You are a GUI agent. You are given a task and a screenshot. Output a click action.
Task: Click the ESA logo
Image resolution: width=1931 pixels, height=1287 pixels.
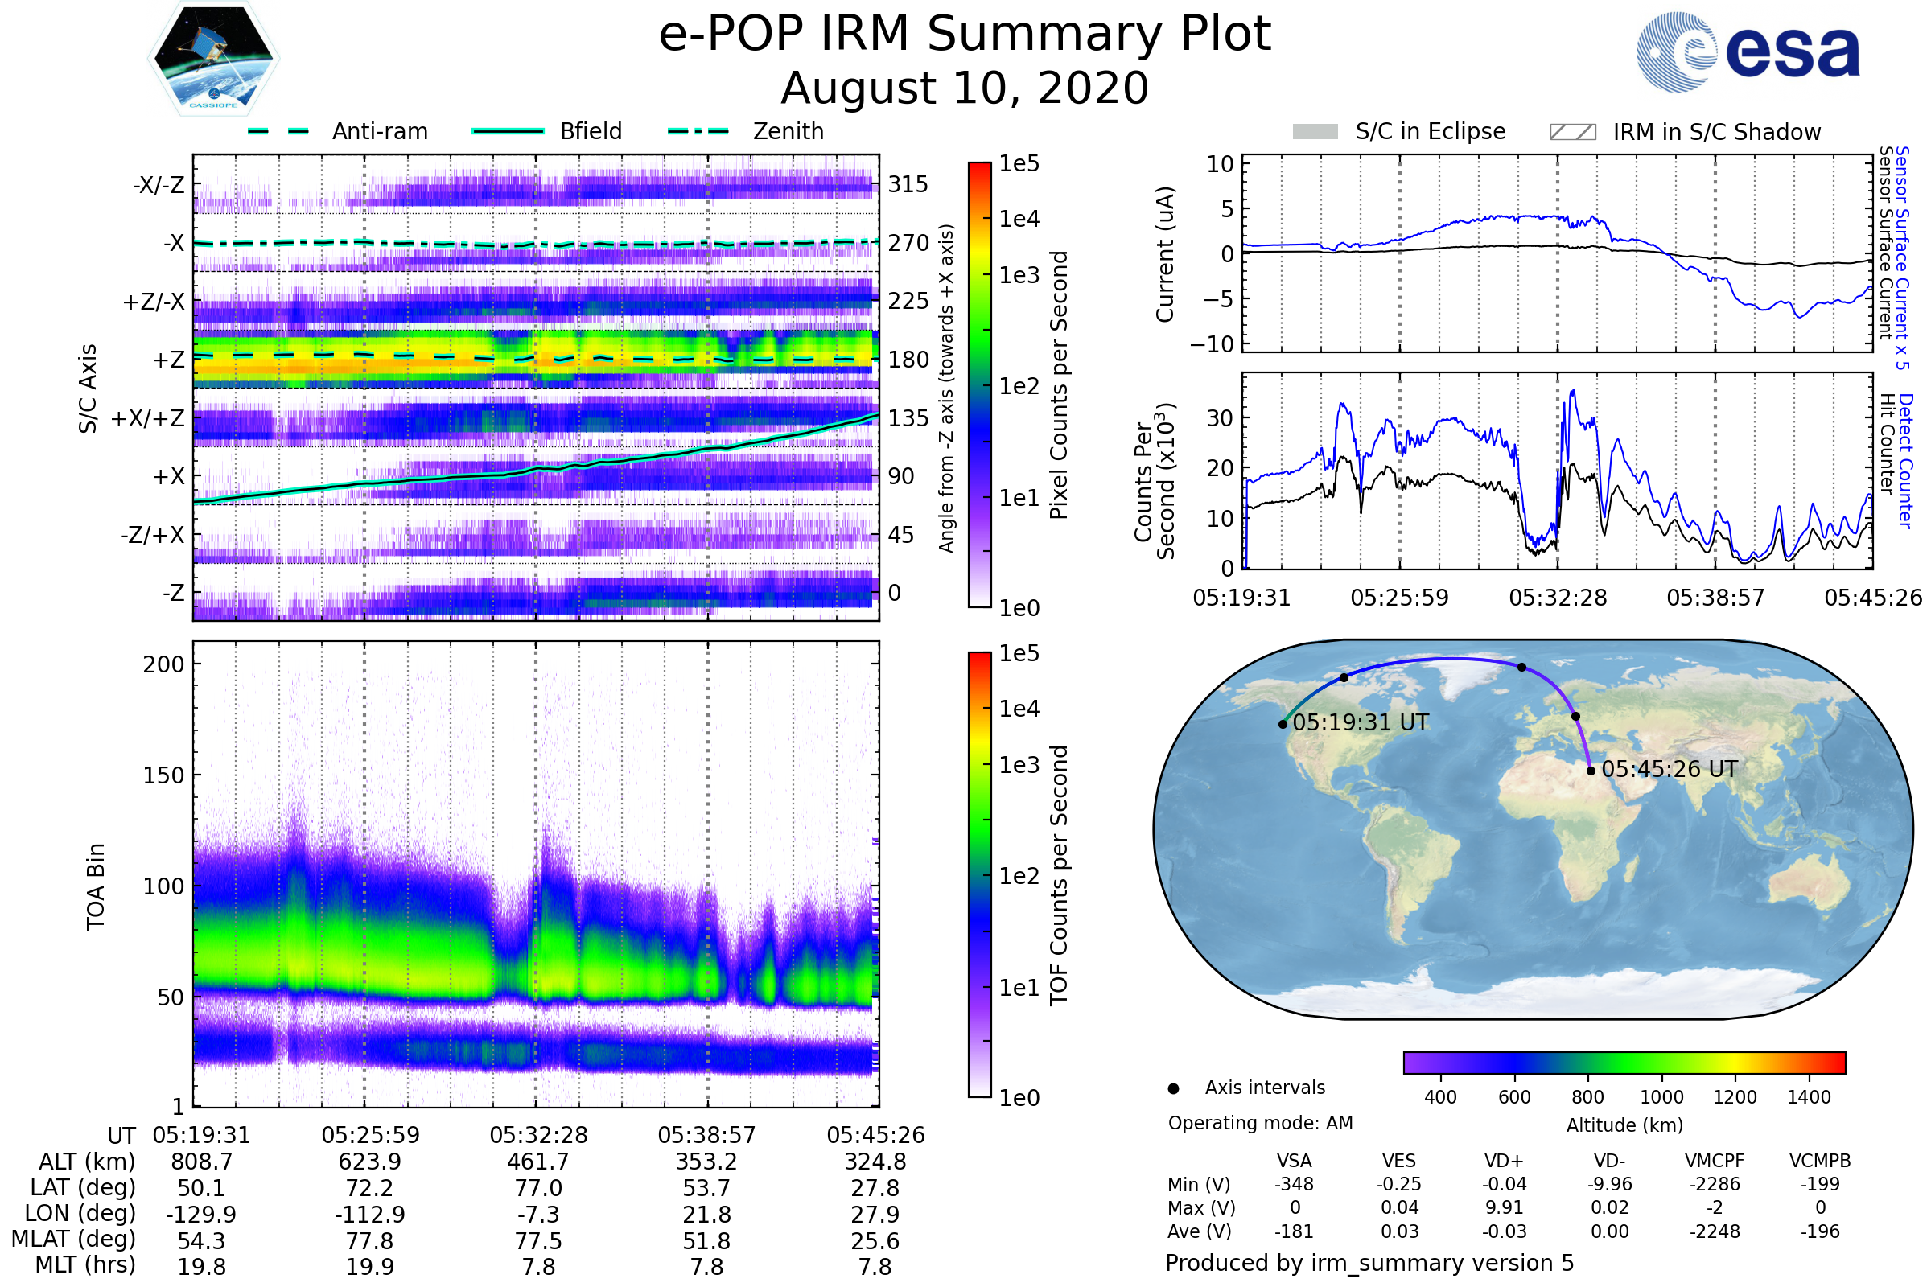(1748, 51)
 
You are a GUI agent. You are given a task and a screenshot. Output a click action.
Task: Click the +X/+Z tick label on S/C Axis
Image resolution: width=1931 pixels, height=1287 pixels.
(148, 418)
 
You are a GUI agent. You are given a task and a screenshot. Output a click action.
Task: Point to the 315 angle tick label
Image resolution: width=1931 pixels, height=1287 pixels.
(908, 184)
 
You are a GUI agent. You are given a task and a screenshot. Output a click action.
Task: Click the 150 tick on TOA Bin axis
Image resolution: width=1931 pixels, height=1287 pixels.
(163, 775)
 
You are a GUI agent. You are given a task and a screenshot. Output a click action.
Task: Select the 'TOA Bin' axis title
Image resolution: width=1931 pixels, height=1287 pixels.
(96, 886)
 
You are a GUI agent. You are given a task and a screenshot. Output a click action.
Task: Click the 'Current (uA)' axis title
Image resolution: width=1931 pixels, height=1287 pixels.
(1165, 254)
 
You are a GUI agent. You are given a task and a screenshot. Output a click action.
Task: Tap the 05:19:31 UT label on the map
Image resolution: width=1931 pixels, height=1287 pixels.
(1361, 723)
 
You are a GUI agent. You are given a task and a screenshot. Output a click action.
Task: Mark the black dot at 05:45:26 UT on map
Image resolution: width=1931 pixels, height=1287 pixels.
(1591, 771)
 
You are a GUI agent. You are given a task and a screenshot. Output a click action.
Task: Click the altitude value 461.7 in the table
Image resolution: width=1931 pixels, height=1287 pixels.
(538, 1162)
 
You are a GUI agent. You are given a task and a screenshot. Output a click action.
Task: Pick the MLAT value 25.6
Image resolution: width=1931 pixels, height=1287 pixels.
(875, 1241)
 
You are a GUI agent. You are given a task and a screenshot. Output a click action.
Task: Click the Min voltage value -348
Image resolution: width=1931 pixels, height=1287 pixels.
(1294, 1184)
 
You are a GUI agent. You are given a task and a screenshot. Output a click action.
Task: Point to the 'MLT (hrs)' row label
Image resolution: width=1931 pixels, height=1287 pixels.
(84, 1264)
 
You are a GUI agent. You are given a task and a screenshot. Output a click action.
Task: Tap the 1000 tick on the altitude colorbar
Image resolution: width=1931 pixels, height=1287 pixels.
(1661, 1097)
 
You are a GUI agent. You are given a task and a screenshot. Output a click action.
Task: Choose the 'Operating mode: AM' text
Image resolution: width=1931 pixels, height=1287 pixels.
(1260, 1123)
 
